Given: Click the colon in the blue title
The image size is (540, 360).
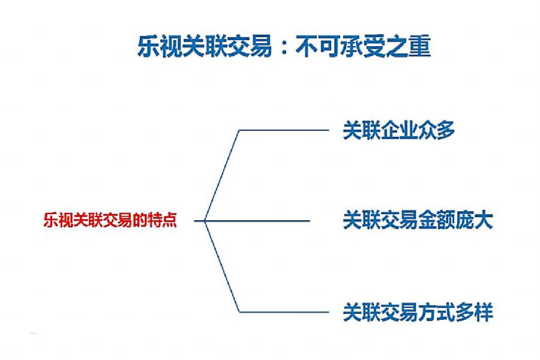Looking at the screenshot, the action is (x=284, y=47).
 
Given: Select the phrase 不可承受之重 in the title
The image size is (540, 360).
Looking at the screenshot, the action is (x=364, y=46).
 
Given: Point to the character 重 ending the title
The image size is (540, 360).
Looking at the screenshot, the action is (x=420, y=46).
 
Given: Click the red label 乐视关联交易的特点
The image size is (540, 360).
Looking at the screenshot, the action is (x=110, y=220).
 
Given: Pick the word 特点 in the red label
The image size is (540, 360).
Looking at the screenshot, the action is (x=162, y=220).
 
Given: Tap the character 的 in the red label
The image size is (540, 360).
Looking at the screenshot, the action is (x=140, y=220).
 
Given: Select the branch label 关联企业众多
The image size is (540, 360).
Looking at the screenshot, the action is (x=399, y=130).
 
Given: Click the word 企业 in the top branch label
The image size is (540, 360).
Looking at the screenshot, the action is (x=399, y=130).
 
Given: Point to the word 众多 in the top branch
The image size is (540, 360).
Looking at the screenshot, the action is (x=436, y=130).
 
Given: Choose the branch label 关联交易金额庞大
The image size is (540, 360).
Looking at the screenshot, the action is (x=418, y=220).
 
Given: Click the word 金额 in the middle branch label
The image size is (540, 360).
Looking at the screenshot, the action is (x=436, y=220).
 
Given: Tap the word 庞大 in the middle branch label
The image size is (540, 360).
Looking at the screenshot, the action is (x=474, y=220).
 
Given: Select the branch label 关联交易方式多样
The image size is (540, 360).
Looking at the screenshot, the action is (x=418, y=312).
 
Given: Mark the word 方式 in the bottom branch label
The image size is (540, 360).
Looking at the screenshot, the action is (x=436, y=312).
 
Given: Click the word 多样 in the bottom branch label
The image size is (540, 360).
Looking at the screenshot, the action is (x=474, y=312).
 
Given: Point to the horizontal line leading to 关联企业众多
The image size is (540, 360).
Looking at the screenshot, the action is (x=284, y=130).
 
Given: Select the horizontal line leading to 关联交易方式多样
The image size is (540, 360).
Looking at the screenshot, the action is (x=284, y=312).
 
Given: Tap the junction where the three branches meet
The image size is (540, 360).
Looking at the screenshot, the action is (x=205, y=221).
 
